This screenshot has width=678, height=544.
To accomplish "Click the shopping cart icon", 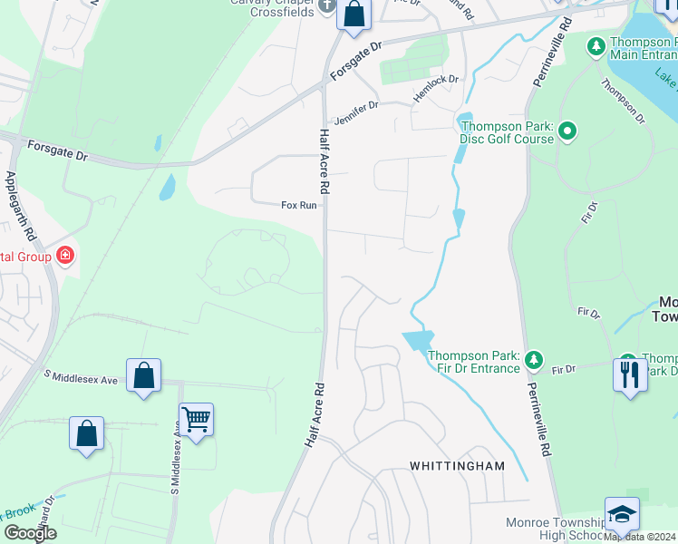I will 196,419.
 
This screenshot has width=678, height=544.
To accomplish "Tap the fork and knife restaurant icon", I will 630,374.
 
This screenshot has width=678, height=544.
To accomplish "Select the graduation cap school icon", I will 622,513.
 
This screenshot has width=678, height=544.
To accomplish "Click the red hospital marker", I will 64,256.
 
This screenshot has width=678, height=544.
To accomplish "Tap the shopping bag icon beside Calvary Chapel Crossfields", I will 354,14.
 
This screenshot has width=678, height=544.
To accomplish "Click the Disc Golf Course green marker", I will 567,133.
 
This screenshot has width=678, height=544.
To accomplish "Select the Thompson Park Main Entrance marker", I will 596,45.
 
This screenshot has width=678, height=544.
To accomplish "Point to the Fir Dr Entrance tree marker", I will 534,362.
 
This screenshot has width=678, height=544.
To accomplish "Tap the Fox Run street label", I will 299,206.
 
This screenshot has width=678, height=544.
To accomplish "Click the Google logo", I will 31,532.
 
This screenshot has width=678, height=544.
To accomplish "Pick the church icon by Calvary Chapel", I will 329,8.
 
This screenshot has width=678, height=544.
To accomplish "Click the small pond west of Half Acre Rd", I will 167,187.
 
